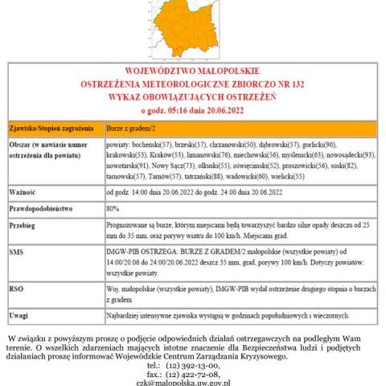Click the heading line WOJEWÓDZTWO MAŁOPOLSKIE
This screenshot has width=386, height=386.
tap(193, 71)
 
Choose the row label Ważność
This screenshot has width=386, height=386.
tap(23, 193)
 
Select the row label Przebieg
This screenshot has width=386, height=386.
tap(23, 228)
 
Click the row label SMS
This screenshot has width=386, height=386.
tap(17, 252)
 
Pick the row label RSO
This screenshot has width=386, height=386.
tap(17, 285)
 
